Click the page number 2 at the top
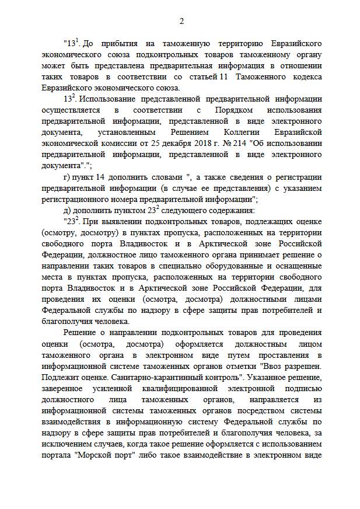click(181, 22)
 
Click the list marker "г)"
click(67, 177)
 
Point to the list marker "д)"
click(67, 210)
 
